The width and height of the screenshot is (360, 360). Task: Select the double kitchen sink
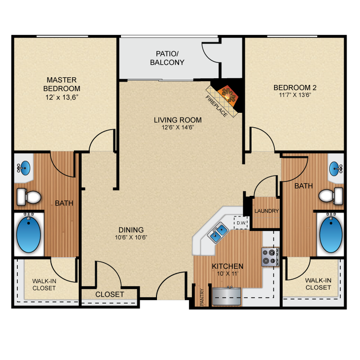(218, 232)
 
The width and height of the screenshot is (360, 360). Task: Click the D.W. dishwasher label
(241, 223)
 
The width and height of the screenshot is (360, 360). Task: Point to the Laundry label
(266, 211)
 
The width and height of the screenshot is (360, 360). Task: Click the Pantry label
(202, 297)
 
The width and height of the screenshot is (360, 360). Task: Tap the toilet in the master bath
(29, 197)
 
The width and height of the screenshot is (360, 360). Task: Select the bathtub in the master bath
(28, 234)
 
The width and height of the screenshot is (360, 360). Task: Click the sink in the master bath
(24, 168)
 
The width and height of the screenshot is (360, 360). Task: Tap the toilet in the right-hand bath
(331, 196)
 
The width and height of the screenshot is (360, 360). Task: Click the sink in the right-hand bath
(336, 169)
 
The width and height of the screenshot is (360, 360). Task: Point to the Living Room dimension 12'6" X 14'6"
(178, 127)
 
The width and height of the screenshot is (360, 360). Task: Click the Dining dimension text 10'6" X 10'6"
(131, 237)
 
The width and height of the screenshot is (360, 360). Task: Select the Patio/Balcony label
(167, 58)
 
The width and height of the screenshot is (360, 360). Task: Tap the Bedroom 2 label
(295, 87)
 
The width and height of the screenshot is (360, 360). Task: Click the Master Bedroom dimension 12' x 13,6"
(62, 97)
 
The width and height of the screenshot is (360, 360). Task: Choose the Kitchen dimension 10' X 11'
(228, 274)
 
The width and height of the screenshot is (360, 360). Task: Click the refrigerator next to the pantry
(227, 296)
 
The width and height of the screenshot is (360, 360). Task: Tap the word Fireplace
(216, 106)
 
